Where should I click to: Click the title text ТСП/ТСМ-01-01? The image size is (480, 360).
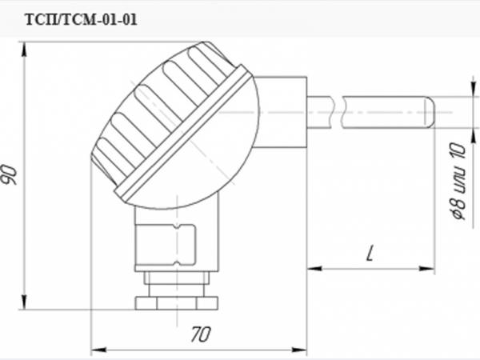[81, 20]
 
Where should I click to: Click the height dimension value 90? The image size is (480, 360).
[10, 174]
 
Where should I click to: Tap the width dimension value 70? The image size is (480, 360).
[201, 334]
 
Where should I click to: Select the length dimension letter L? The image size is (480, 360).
[370, 253]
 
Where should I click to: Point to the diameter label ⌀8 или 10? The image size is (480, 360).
[459, 181]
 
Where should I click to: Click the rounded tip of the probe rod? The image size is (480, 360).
[430, 112]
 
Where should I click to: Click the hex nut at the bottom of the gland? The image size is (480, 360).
[177, 302]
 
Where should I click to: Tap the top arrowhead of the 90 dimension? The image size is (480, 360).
[25, 49]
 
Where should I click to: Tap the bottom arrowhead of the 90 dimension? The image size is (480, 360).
[25, 302]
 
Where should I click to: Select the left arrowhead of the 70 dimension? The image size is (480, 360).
[98, 350]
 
